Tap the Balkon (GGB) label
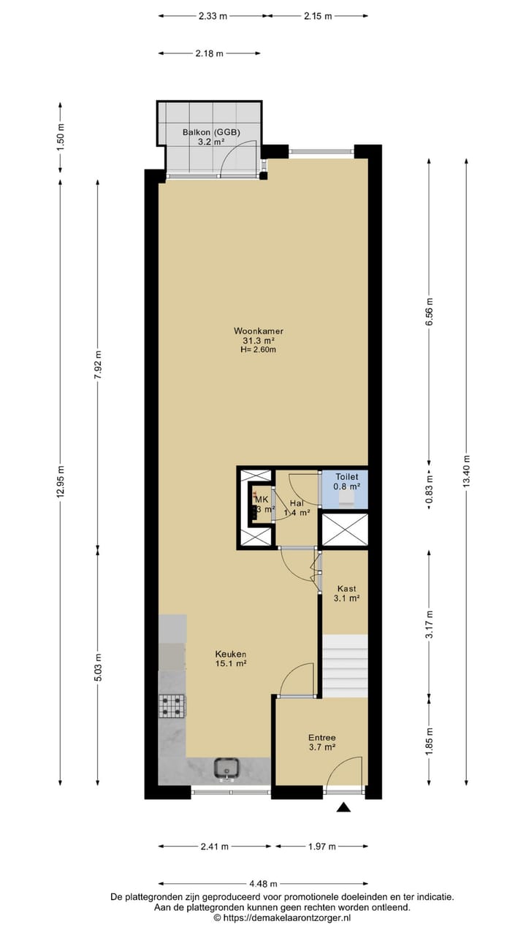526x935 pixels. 211,132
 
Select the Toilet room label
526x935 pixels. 347,476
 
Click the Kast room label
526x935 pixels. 347,588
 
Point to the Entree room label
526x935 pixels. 321,738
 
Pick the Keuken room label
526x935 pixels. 230,654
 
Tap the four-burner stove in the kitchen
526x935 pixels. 172,705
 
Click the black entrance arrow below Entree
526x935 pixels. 343,807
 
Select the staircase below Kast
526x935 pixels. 345,665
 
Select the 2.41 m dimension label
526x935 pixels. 215,847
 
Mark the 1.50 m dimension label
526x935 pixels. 61,137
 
